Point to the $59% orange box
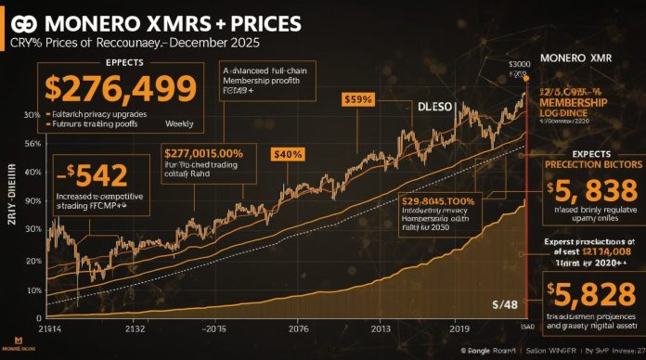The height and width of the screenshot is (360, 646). pos(358,99)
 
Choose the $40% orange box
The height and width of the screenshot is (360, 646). pos(288,154)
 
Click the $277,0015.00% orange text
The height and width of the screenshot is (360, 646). pos(203,153)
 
